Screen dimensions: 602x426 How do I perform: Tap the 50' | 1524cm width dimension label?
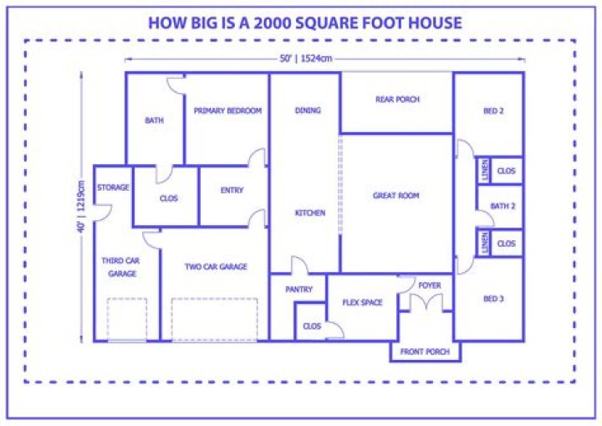pos(306,59)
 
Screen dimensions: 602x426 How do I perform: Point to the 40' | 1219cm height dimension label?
pos(81,207)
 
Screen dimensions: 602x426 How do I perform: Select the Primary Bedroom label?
pos(227,110)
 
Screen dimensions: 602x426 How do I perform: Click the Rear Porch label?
pos(397,100)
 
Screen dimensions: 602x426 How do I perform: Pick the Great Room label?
pos(395,196)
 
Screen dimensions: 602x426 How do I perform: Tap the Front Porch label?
pos(425,352)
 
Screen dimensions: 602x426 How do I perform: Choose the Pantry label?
pos(298,289)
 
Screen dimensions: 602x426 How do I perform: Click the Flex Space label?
pos(362,303)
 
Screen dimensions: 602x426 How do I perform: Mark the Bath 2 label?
pos(503,206)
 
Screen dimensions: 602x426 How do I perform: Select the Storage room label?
pos(113,187)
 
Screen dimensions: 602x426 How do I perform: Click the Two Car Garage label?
pos(216,266)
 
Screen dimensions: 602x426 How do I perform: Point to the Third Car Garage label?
pos(121,267)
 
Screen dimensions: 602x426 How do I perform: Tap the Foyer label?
pos(429,285)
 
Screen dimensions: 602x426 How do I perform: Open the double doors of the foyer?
pos(426,302)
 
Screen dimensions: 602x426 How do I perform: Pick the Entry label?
pos(232,190)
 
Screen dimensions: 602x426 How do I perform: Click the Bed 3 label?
pos(493,299)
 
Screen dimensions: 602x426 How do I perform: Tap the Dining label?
pos(308,110)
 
